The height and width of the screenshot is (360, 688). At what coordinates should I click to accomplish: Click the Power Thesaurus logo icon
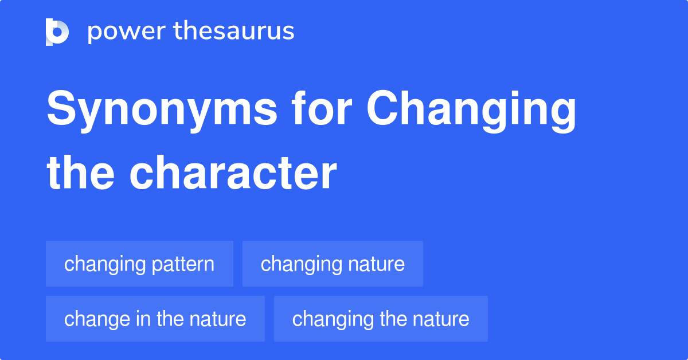pyautogui.click(x=57, y=32)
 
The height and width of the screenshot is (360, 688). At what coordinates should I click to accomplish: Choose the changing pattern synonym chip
pyautogui.click(x=139, y=264)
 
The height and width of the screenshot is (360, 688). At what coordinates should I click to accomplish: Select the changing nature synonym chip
pyautogui.click(x=333, y=264)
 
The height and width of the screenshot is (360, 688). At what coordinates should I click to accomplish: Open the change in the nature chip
pyautogui.click(x=155, y=319)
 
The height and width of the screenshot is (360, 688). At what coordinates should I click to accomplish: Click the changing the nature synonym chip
pyautogui.click(x=381, y=319)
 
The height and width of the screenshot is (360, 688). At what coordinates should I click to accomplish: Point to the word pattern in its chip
pyautogui.click(x=184, y=265)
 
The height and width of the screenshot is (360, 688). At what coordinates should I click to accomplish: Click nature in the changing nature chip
pyautogui.click(x=376, y=264)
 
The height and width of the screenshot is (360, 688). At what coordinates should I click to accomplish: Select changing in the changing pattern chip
pyautogui.click(x=105, y=265)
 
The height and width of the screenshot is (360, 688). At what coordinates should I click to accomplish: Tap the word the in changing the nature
pyautogui.click(x=393, y=319)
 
